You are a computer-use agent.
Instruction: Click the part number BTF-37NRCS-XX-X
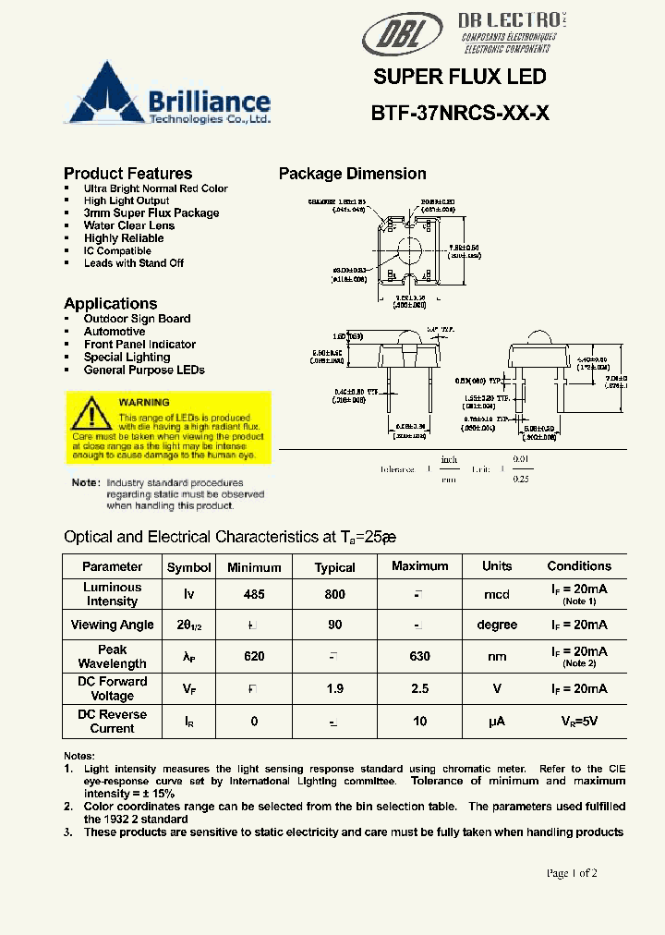(x=460, y=114)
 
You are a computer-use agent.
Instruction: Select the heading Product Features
(x=127, y=174)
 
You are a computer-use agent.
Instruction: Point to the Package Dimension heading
(x=352, y=174)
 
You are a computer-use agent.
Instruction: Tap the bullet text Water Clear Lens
(x=128, y=225)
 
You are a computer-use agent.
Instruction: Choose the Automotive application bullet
(x=115, y=332)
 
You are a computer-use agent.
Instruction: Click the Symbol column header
(x=188, y=567)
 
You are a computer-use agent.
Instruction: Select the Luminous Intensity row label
(x=112, y=594)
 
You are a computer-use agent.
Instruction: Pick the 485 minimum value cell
(x=254, y=595)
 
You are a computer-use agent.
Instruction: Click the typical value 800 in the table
(x=334, y=595)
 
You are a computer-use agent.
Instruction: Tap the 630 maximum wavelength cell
(x=419, y=656)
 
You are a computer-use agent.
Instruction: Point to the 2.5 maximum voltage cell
(x=419, y=688)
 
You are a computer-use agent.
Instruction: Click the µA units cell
(x=497, y=721)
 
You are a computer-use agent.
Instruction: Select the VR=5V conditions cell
(x=579, y=721)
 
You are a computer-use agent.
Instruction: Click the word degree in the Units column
(x=497, y=625)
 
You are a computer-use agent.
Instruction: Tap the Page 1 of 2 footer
(x=572, y=873)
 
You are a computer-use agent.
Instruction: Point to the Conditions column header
(x=579, y=566)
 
